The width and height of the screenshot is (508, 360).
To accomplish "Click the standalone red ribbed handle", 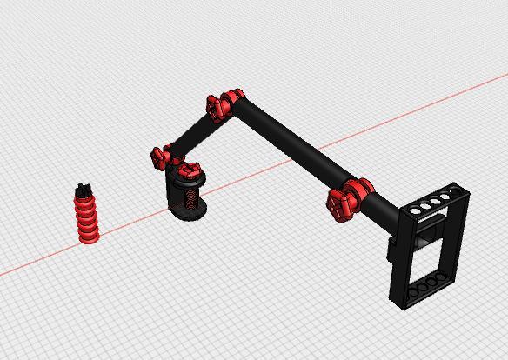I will (87, 217).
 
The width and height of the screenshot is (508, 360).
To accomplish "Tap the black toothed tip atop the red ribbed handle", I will (84, 189).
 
